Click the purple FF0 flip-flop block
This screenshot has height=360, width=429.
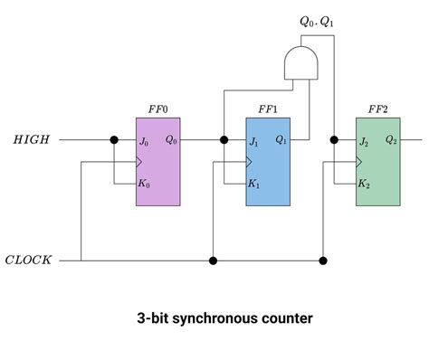click(158, 161)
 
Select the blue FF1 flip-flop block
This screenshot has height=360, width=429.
click(268, 161)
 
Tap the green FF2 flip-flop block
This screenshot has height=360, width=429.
click(377, 161)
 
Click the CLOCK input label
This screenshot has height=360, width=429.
click(28, 261)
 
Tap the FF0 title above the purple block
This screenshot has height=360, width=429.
click(157, 109)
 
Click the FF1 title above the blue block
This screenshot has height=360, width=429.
click(268, 109)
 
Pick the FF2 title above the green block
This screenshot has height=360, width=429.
click(377, 109)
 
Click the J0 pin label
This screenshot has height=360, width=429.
click(144, 141)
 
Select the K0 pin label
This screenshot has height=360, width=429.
click(145, 184)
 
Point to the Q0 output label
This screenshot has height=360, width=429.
click(171, 140)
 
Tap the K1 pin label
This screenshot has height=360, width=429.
click(254, 184)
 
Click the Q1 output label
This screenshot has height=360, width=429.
click(281, 140)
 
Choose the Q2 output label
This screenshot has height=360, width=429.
click(390, 140)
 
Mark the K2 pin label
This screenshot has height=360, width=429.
click(364, 184)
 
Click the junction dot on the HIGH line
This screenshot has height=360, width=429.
click(114, 140)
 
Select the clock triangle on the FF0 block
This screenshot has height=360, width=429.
click(139, 162)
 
